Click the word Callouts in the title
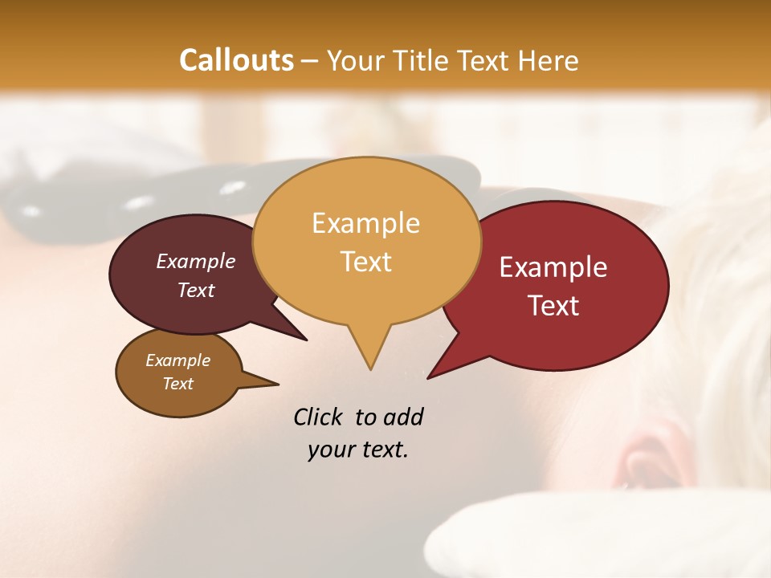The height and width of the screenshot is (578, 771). [236, 60]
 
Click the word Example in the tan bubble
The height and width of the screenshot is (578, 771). [365, 223]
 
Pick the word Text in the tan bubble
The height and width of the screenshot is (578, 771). [365, 262]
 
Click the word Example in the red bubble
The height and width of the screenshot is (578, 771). [553, 267]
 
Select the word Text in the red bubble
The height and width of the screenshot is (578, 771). [553, 306]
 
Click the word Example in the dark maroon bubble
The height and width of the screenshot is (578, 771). [195, 261]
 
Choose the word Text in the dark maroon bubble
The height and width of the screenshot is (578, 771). [195, 290]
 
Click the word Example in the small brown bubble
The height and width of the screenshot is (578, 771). [177, 360]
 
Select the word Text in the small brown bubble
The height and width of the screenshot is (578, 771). [177, 384]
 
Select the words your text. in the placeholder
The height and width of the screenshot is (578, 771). [358, 450]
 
